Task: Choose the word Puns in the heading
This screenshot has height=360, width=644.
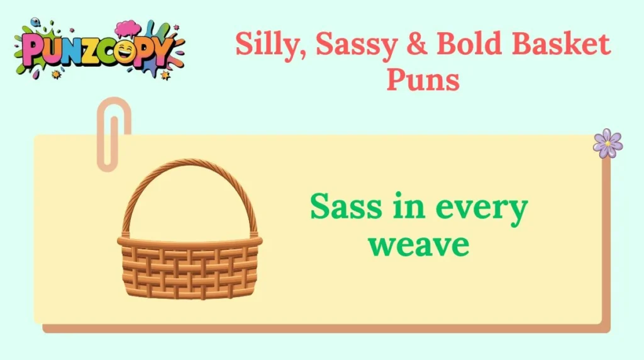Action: click(423, 79)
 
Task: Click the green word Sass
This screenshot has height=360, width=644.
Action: click(347, 206)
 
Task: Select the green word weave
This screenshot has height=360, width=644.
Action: click(418, 245)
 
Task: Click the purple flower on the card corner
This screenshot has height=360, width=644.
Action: click(608, 143)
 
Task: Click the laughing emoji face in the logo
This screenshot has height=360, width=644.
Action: click(125, 52)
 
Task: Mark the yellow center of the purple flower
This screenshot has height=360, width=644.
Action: click(608, 144)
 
